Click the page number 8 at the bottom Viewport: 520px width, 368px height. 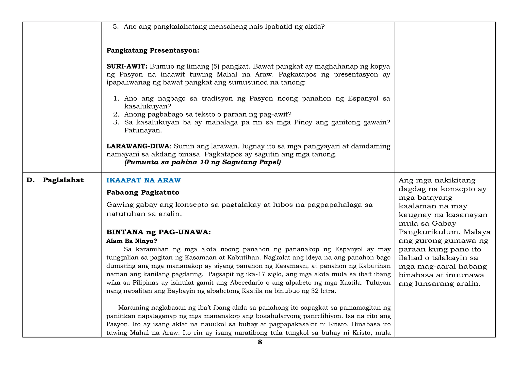[x=260, y=342]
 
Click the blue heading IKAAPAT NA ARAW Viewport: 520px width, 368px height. [x=143, y=180]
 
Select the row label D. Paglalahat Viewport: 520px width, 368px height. [x=55, y=180]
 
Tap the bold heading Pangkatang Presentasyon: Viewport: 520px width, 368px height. [x=153, y=51]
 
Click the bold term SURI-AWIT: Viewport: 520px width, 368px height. [x=127, y=67]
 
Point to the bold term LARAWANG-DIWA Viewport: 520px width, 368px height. [x=138, y=146]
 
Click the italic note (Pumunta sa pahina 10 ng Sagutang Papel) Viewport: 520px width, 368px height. [x=202, y=162]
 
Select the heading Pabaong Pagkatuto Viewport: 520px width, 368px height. [x=143, y=193]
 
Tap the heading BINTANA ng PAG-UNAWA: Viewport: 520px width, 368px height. [x=158, y=232]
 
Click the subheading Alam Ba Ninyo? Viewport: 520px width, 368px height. [x=132, y=241]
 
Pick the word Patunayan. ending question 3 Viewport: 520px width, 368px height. [x=143, y=131]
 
